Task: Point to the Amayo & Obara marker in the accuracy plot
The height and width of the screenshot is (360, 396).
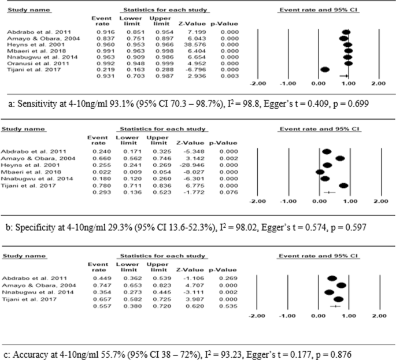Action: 341,285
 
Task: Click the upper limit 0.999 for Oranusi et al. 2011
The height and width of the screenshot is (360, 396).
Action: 153,63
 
